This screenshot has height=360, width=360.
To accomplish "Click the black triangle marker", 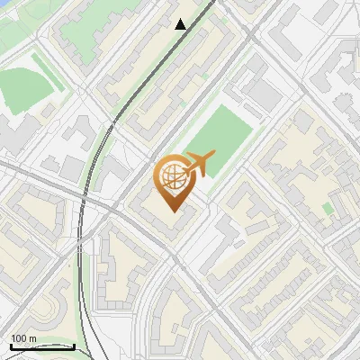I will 181,24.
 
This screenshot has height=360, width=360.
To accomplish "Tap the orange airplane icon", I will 200,165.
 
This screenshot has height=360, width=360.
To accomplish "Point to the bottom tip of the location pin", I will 172,212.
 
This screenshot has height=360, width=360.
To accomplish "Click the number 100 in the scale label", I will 19,338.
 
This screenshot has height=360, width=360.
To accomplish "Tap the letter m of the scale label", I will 32,338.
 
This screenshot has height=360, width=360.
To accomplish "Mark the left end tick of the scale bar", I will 11,346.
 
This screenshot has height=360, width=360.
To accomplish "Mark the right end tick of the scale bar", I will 74,346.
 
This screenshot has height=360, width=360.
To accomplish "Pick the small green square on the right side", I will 328,209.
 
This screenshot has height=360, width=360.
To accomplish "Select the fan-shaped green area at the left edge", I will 22,88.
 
